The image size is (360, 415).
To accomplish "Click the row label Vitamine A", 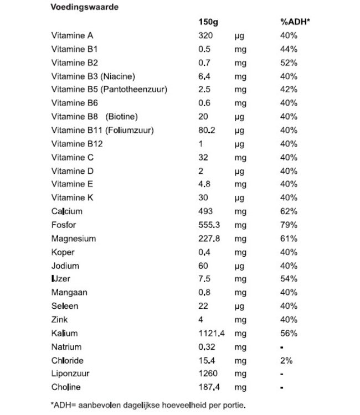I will [72, 35].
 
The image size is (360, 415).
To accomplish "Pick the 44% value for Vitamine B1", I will [289, 49].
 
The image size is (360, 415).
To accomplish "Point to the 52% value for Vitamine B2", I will [289, 63].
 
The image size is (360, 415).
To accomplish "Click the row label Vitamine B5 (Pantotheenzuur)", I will [109, 90].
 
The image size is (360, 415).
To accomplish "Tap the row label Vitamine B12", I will [76, 144].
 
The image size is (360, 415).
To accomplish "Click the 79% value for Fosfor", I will [289, 225].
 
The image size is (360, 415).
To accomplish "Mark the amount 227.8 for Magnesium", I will [208, 238].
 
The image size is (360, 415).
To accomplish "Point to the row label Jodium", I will [65, 266].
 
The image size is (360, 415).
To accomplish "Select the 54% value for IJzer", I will [289, 279].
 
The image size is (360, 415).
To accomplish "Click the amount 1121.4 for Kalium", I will [210, 333].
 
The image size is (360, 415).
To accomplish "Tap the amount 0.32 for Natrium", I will [207, 347].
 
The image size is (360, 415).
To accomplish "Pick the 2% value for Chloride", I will [286, 360].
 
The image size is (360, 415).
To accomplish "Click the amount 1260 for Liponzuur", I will [208, 374].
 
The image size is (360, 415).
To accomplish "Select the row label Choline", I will [65, 387].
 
